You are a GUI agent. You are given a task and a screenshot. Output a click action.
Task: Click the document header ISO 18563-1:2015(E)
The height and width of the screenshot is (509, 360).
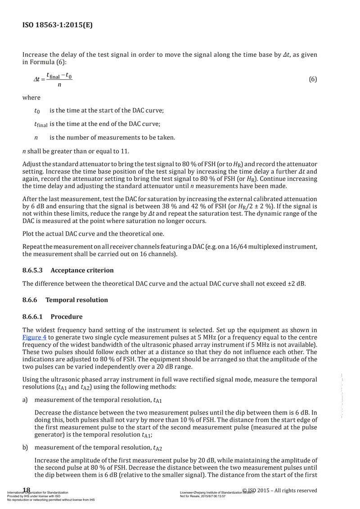click(x=58, y=25)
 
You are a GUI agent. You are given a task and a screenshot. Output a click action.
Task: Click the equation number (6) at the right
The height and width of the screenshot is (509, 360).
click(x=313, y=80)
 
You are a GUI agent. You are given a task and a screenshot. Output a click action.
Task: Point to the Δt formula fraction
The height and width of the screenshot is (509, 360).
click(x=53, y=80)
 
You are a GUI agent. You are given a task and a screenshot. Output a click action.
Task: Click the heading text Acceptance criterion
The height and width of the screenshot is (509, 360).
click(x=82, y=270)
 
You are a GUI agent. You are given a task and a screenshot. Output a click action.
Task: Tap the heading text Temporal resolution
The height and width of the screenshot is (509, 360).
click(x=76, y=300)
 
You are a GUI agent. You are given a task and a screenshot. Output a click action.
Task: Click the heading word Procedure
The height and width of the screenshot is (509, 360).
click(x=66, y=316)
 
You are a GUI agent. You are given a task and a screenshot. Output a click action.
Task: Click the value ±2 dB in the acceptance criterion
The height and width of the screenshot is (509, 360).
click(x=296, y=284)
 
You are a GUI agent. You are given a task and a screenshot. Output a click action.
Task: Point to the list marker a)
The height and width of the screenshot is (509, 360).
click(x=25, y=400)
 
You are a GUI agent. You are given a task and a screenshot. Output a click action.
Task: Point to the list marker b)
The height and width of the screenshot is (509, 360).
click(x=25, y=447)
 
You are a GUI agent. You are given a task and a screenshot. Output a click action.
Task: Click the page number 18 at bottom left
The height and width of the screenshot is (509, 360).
click(x=27, y=490)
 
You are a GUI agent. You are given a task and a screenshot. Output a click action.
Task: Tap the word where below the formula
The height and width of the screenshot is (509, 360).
click(x=31, y=98)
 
